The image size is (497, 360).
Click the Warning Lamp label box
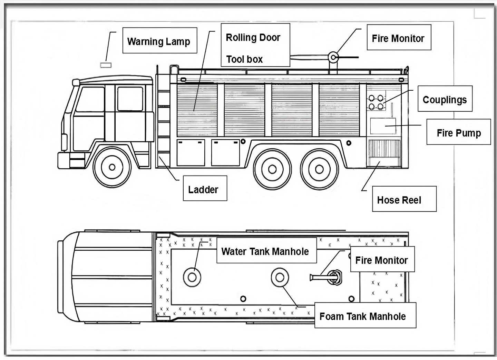(159, 41)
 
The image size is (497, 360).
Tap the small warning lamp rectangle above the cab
(106, 65)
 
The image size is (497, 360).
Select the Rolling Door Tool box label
(255, 45)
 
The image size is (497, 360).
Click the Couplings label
(445, 99)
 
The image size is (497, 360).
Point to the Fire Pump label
(458, 132)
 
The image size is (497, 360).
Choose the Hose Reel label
(404, 199)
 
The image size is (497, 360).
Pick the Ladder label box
(205, 188)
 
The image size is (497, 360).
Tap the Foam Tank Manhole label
(365, 315)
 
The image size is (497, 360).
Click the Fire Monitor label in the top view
(382, 259)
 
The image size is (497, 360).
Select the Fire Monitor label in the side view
(399, 38)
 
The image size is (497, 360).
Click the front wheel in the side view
(112, 167)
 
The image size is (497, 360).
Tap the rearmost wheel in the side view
(319, 169)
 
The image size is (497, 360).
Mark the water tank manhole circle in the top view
(192, 277)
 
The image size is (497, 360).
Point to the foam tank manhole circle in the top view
(280, 277)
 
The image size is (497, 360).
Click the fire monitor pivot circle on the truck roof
(333, 57)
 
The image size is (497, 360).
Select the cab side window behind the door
(130, 99)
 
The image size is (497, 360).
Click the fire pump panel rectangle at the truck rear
(383, 126)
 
